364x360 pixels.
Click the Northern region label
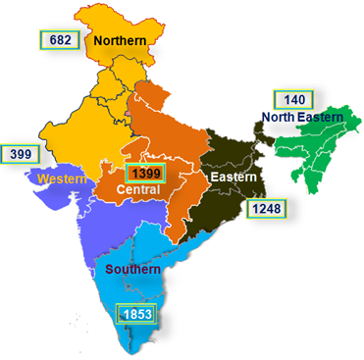click(121, 41)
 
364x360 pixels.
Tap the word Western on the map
click(56, 179)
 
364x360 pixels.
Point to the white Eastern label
click(233, 177)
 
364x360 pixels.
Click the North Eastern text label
click(302, 118)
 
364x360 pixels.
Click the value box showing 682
click(59, 40)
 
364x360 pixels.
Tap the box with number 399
click(20, 154)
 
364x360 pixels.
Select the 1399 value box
click(143, 173)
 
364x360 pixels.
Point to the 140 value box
click(293, 99)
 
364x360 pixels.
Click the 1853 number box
click(135, 315)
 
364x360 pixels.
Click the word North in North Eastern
click(279, 118)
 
